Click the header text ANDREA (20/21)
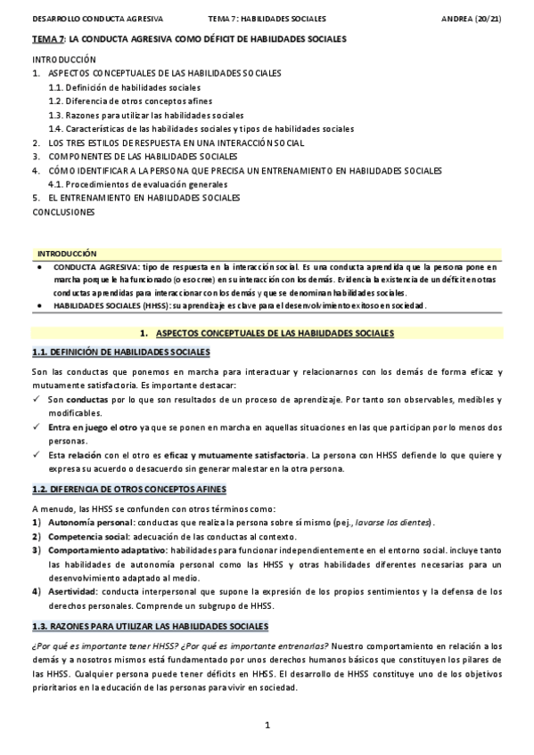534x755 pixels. tap(471, 18)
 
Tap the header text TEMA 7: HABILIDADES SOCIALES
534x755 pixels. tap(267, 18)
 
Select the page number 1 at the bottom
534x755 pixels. tap(267, 727)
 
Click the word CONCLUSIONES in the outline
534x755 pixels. tap(63, 212)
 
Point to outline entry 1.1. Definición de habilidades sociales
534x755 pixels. tap(124, 88)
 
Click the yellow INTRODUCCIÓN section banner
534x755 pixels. tap(67, 254)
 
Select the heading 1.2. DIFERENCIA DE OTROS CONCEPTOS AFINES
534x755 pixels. tap(128, 489)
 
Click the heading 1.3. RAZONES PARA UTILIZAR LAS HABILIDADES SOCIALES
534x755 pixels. tap(149, 626)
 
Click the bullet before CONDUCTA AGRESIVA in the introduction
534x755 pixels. tap(38, 267)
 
